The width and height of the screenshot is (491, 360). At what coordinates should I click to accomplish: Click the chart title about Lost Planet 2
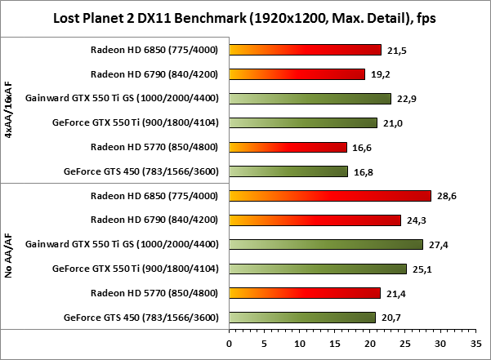point(245,17)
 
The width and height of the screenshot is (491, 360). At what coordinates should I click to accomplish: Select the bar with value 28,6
point(330,196)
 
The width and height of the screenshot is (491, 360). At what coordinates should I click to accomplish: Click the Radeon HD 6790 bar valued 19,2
point(297,74)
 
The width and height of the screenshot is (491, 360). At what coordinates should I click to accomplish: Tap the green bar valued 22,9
point(310,99)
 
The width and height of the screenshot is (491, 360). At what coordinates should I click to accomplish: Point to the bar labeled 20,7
point(302,318)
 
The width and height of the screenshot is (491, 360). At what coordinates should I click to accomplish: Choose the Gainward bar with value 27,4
point(326,244)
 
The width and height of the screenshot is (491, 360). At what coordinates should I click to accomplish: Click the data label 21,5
point(396,51)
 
